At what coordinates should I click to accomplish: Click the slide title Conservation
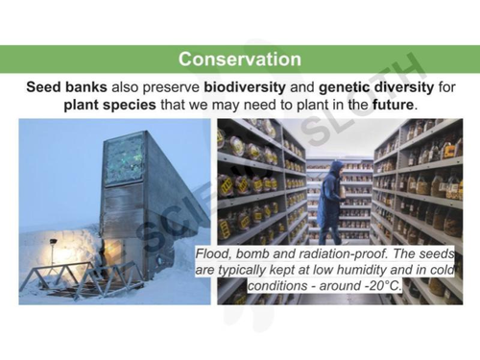[239, 60]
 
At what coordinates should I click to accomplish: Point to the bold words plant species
[108, 104]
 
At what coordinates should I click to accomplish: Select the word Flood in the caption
[214, 255]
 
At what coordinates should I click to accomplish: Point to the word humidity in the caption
[348, 271]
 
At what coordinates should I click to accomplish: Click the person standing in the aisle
[331, 202]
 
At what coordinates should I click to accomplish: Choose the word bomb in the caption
[255, 255]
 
